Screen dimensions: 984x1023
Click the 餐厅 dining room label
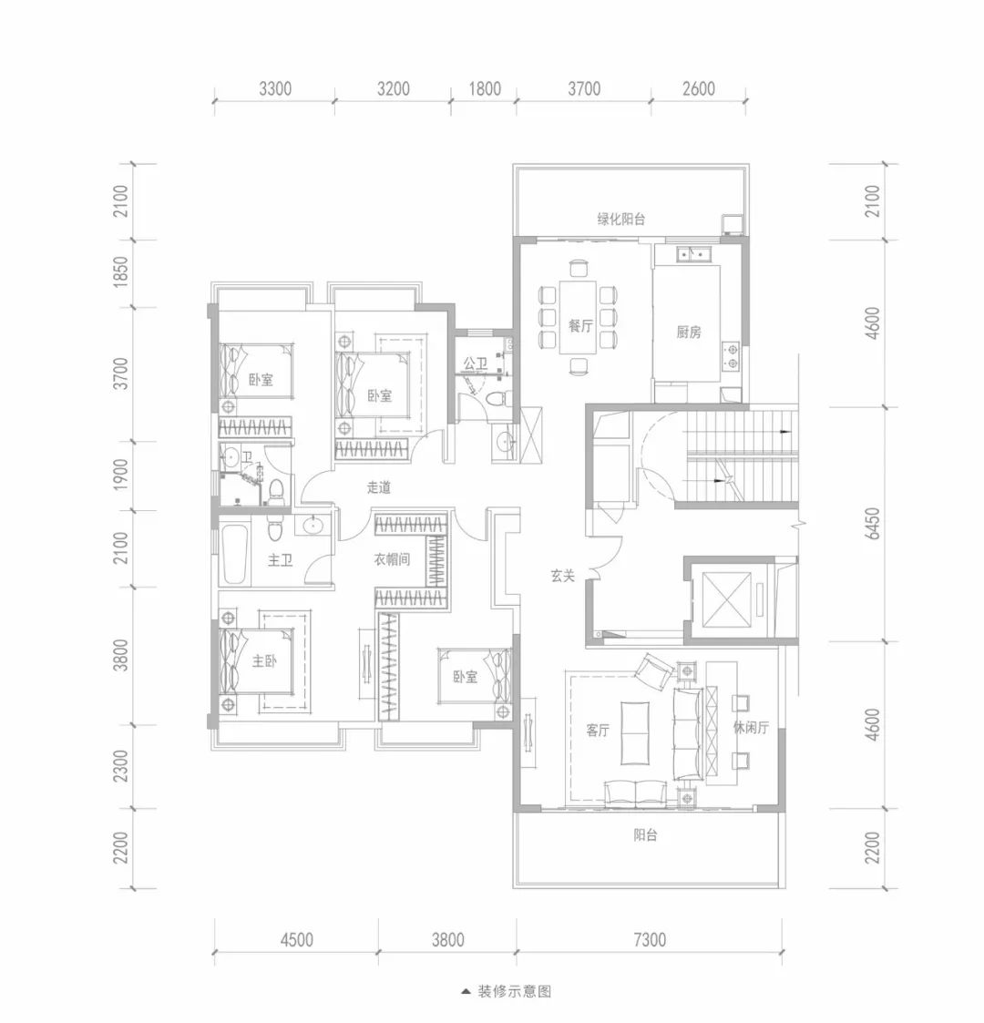pyautogui.click(x=580, y=325)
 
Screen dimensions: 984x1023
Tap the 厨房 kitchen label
pyautogui.click(x=689, y=332)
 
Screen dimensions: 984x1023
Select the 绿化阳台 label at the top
pyautogui.click(x=621, y=220)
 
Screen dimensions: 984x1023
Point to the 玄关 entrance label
pyautogui.click(x=562, y=576)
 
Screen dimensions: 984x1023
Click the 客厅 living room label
pyautogui.click(x=598, y=730)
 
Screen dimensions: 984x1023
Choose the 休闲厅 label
pyautogui.click(x=751, y=728)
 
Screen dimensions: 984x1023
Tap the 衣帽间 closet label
pyautogui.click(x=392, y=559)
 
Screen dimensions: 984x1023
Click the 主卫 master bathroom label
pyautogui.click(x=281, y=559)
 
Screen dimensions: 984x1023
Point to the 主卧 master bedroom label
pyautogui.click(x=265, y=661)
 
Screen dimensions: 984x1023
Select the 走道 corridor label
pyautogui.click(x=378, y=487)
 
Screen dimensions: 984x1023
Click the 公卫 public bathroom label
pyautogui.click(x=476, y=363)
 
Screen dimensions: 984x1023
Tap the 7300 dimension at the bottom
pyautogui.click(x=650, y=939)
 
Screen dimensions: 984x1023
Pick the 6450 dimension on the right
pyautogui.click(x=873, y=524)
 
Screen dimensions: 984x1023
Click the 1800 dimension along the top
pyautogui.click(x=485, y=88)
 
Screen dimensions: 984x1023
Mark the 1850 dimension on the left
pyautogui.click(x=120, y=273)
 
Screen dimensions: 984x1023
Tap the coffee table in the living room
pyautogui.click(x=636, y=732)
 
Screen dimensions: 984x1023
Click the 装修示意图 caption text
pyautogui.click(x=514, y=992)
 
